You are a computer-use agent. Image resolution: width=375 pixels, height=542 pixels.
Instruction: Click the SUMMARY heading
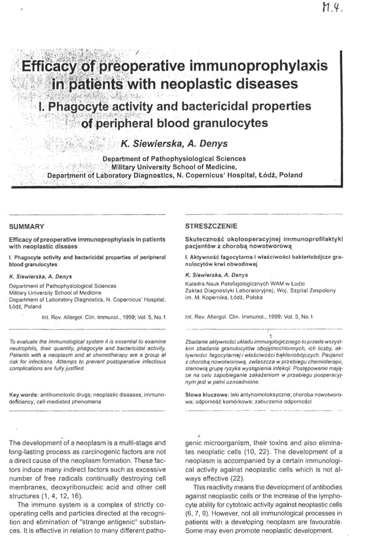coord(27,226)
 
